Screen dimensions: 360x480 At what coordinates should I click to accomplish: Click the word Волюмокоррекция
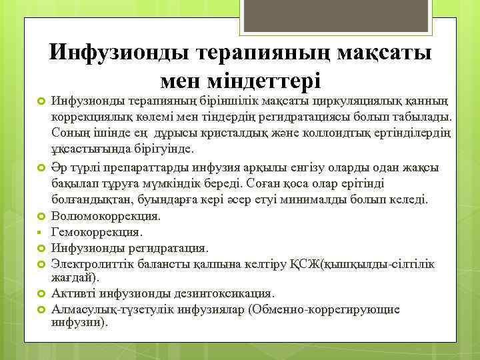click(106, 216)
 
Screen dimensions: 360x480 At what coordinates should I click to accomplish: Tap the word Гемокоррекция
click(97, 232)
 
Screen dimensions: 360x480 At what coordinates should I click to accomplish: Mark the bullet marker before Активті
click(39, 293)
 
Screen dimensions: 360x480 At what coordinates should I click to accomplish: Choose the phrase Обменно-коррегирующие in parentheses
click(323, 309)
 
